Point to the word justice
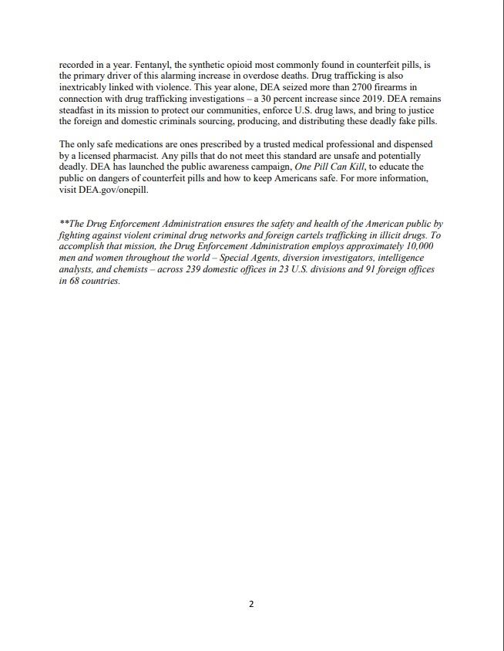tap(418, 110)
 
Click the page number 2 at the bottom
tap(251, 604)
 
